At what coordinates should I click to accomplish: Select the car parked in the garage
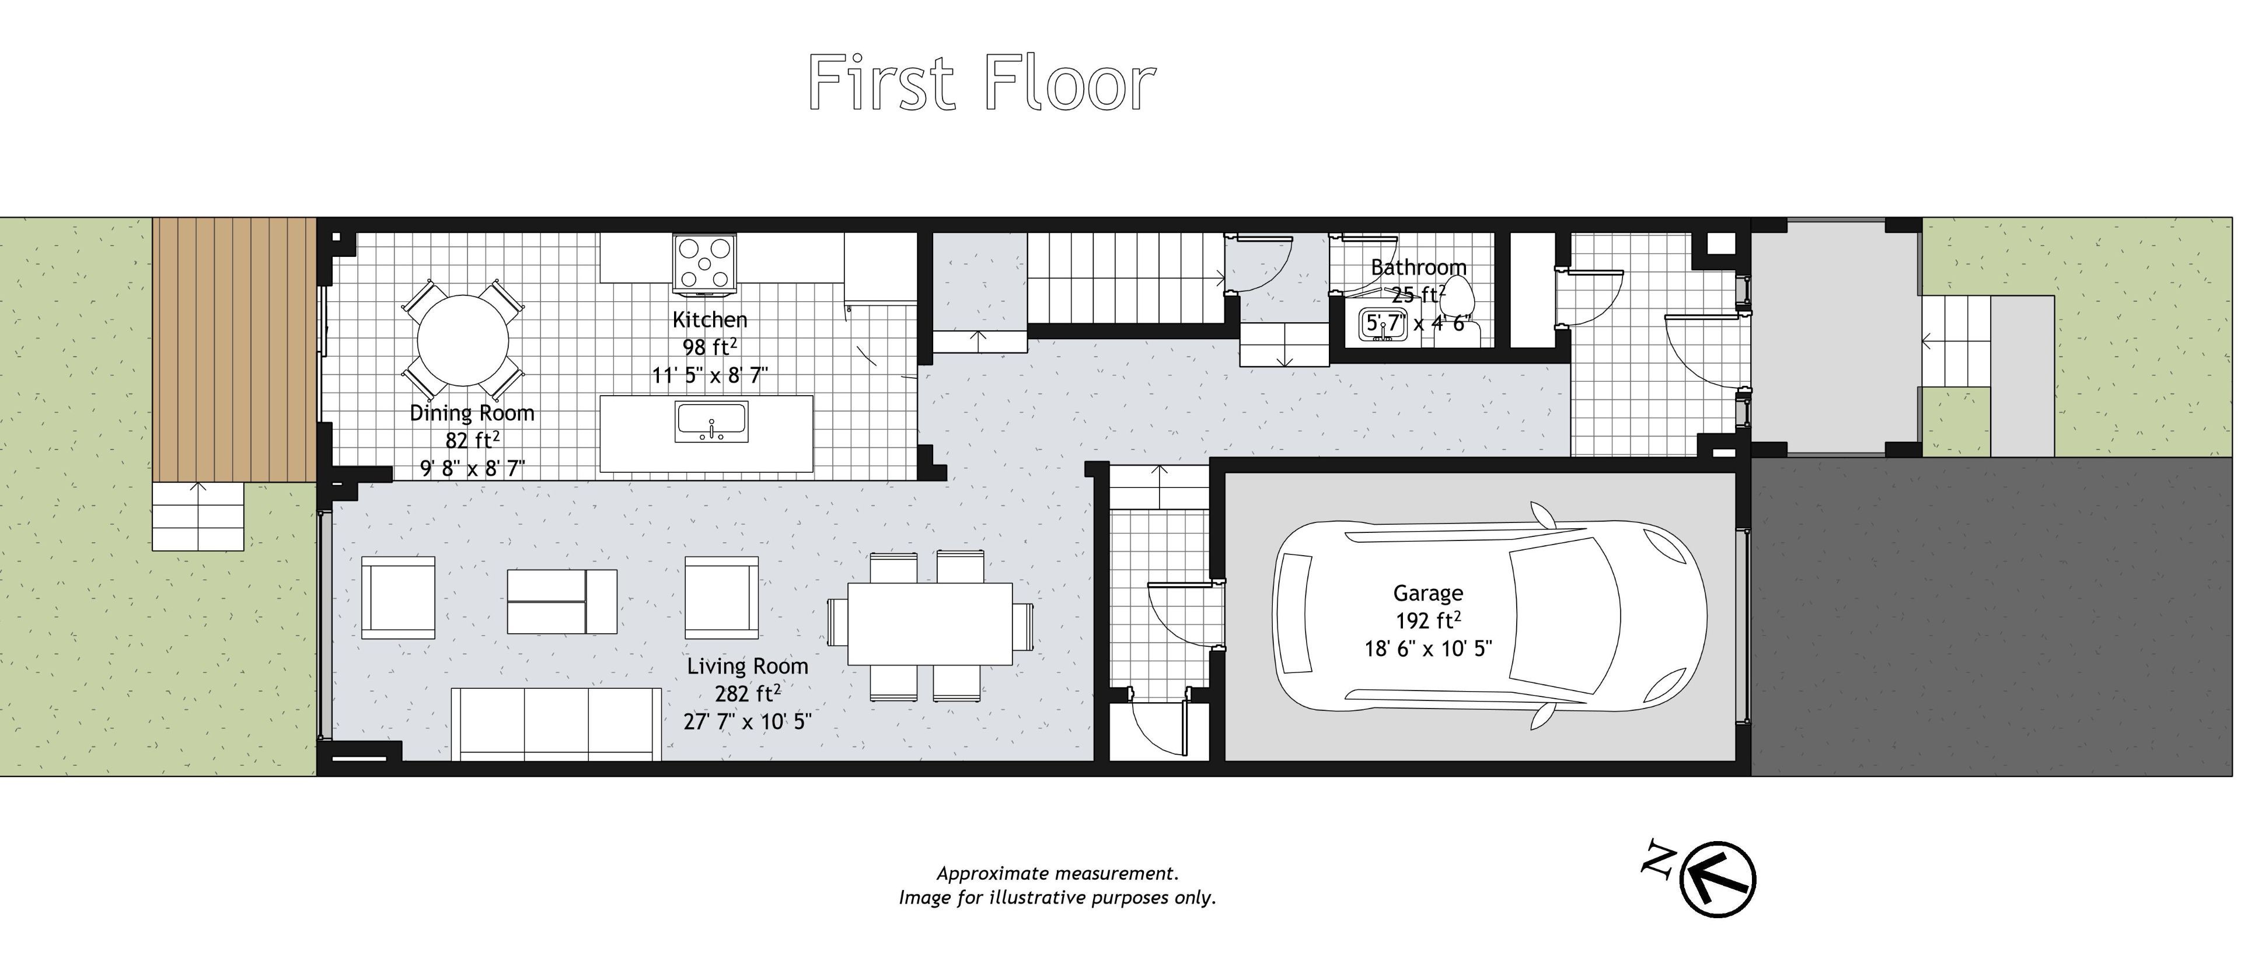1489,615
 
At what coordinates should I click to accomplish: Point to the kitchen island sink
711,423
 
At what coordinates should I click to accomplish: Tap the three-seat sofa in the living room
556,724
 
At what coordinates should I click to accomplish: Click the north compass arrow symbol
1718,879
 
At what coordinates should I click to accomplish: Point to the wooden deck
234,350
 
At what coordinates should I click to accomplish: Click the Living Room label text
747,667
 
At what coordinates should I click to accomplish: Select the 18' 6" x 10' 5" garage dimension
1427,648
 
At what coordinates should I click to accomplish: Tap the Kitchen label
710,319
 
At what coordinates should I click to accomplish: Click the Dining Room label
472,413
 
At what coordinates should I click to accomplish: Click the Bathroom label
1419,267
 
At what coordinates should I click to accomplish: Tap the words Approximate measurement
1058,873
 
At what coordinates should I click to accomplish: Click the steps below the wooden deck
198,517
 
